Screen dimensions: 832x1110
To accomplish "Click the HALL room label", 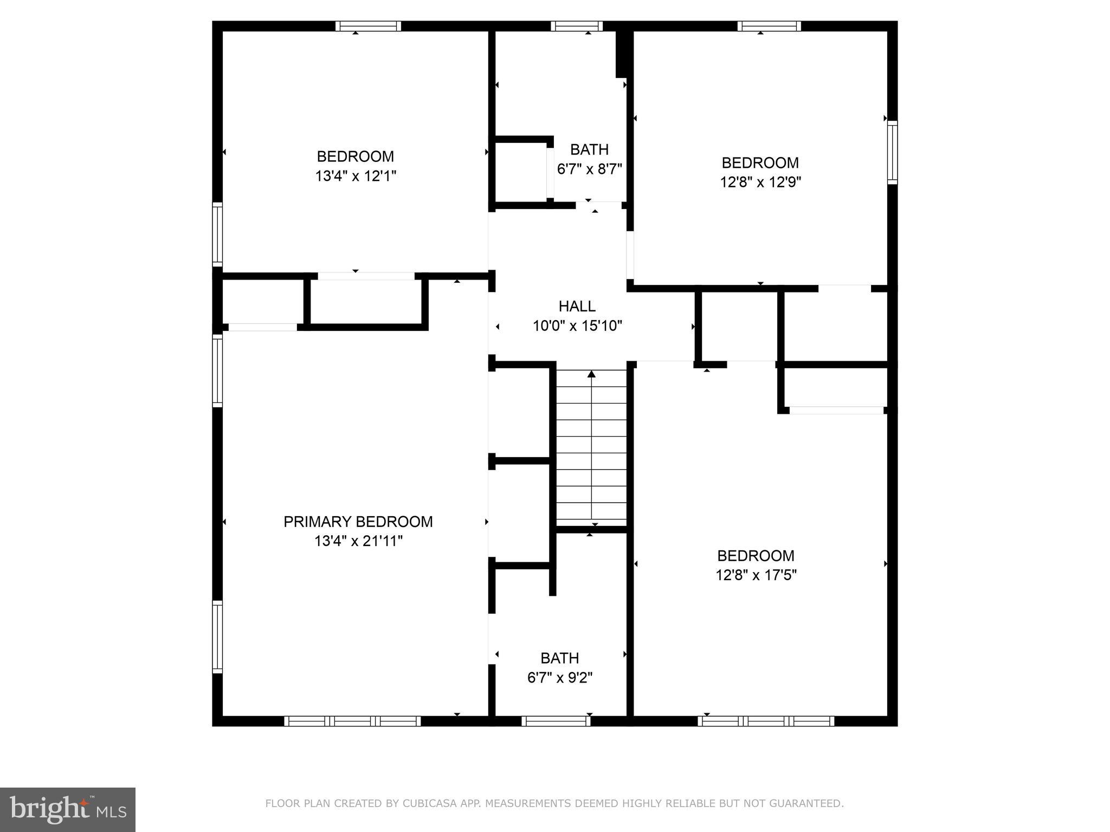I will point(577,306).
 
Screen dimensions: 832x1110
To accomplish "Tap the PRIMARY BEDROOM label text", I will point(358,522).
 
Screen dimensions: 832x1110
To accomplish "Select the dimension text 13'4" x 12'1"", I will point(356,176).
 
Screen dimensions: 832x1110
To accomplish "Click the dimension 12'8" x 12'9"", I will point(760,182).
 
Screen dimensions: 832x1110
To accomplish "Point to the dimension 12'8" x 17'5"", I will point(756,575).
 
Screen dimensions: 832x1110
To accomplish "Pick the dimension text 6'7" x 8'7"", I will point(589,168).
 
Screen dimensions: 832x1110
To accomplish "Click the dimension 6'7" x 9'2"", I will point(559,678).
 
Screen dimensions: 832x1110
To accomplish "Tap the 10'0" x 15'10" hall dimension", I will point(577,326).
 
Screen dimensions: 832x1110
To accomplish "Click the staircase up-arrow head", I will point(591,374).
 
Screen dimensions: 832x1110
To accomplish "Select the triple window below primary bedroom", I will point(352,721).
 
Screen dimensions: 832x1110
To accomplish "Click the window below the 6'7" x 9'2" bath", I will point(556,721).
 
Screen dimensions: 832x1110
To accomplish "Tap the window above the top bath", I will point(577,26).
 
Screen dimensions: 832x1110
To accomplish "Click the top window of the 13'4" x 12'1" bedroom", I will point(368,26).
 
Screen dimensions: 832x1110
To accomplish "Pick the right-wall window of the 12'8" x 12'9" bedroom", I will point(892,152).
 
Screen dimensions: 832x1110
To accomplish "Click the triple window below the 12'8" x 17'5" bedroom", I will point(766,721).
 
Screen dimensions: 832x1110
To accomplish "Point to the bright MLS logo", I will point(67,809).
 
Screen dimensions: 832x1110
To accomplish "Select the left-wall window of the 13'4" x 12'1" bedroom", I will point(217,234).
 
